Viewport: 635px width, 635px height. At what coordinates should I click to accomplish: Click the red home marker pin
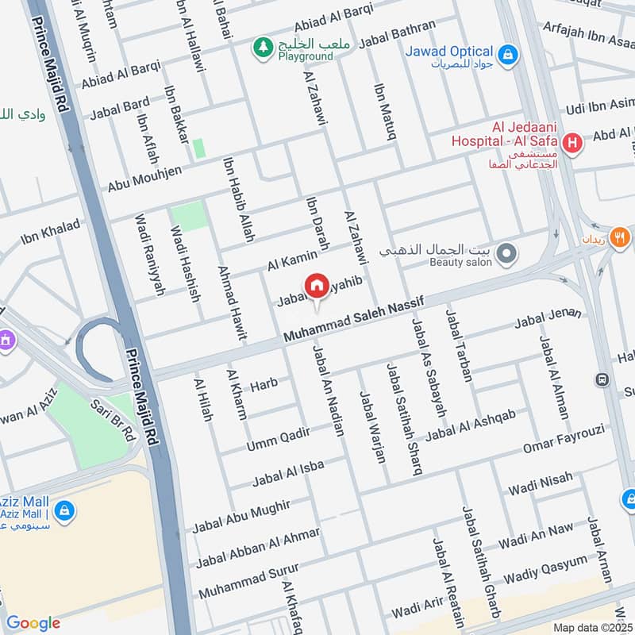coord(316,287)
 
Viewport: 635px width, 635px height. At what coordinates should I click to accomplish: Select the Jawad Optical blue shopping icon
coord(509,54)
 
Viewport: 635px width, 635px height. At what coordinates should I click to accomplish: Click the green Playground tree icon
coord(262,48)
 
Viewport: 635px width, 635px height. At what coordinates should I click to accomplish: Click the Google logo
coord(33,623)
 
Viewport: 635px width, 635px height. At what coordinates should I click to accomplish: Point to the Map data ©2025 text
coord(592,627)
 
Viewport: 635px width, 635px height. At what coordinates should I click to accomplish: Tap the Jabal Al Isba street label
coord(288,473)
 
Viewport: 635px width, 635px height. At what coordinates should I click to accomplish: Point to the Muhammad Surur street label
coord(248,582)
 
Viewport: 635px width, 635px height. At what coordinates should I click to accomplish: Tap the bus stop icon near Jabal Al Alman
coord(603,380)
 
